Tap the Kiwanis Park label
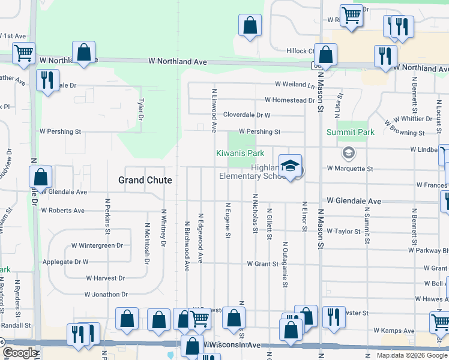[240, 154]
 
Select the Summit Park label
[350, 132]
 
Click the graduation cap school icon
[290, 166]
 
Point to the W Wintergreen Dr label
[97, 245]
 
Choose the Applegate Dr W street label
[65, 262]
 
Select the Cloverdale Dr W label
[247, 115]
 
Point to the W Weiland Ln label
[295, 85]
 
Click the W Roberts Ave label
[62, 211]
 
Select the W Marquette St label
[350, 169]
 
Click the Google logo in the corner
[20, 353]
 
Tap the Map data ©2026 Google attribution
[412, 355]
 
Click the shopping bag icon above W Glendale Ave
[41, 178]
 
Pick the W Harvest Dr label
[105, 278]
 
